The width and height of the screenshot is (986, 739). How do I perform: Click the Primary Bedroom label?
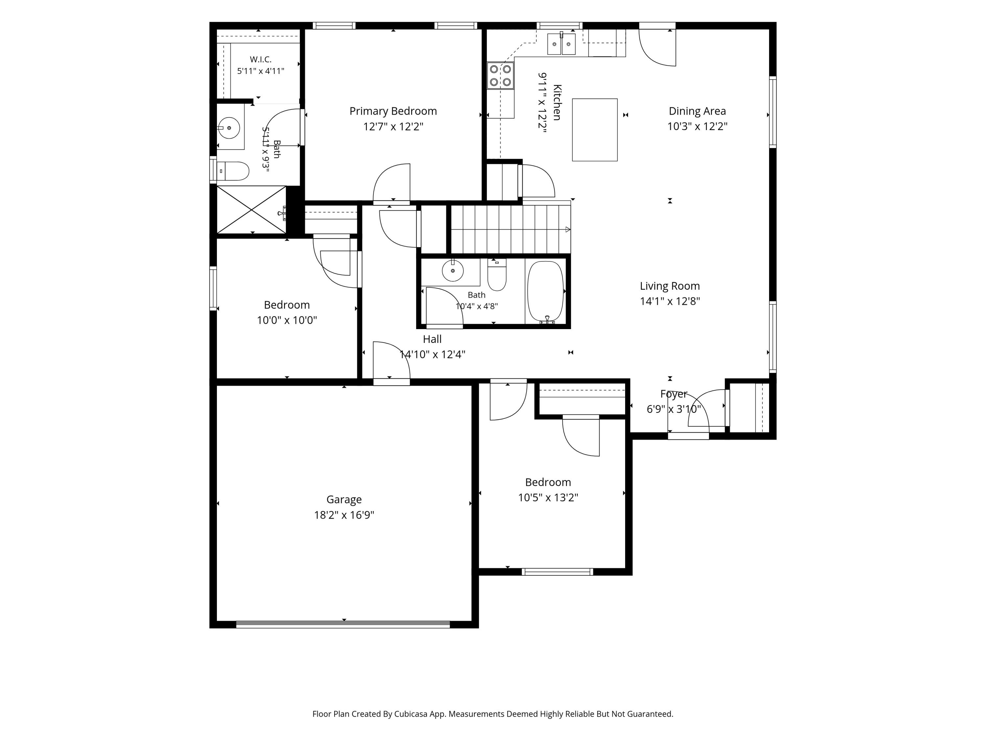point(393,111)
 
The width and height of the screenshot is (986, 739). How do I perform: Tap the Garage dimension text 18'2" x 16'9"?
point(344,515)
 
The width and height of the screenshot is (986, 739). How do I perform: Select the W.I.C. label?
point(260,59)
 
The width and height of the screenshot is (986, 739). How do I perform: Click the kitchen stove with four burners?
point(501,76)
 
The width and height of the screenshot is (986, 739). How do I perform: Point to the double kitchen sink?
point(562,44)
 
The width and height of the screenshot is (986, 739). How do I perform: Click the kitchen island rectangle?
point(595,130)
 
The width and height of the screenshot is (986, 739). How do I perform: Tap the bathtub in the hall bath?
point(546,291)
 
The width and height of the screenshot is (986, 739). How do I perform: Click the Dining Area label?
point(697,111)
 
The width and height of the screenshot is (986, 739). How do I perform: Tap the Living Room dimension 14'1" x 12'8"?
point(670,301)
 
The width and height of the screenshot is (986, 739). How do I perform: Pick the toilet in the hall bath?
point(497,275)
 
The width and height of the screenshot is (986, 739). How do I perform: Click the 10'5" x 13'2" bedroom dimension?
point(548,497)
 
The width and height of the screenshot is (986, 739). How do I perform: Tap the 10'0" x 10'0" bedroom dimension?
point(287,320)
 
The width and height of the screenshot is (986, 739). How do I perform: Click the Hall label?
point(432,339)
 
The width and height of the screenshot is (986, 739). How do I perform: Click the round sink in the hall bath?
point(453,270)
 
